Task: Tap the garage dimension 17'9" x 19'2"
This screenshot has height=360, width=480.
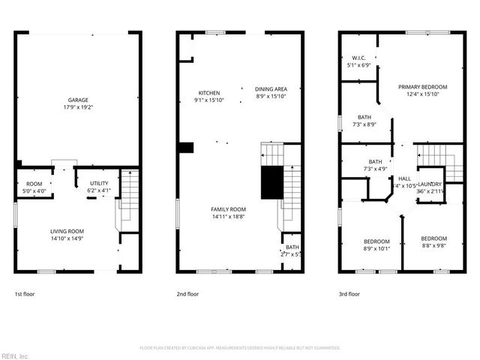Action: [79, 106]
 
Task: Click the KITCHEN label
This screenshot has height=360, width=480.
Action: [208, 92]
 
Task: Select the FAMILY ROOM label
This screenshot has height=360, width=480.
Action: [228, 208]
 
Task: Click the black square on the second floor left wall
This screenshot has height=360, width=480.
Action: [186, 148]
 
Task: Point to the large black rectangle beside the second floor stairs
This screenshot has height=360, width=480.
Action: [271, 183]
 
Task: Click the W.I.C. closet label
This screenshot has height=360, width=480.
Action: [358, 58]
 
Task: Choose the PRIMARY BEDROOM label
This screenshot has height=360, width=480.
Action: [423, 87]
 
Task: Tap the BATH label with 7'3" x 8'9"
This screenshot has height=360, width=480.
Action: [364, 117]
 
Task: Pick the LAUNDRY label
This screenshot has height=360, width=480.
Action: [430, 184]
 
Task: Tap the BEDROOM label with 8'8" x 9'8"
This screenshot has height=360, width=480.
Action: [433, 238]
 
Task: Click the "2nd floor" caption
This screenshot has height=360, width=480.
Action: [187, 295]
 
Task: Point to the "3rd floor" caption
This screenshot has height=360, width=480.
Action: [349, 295]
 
